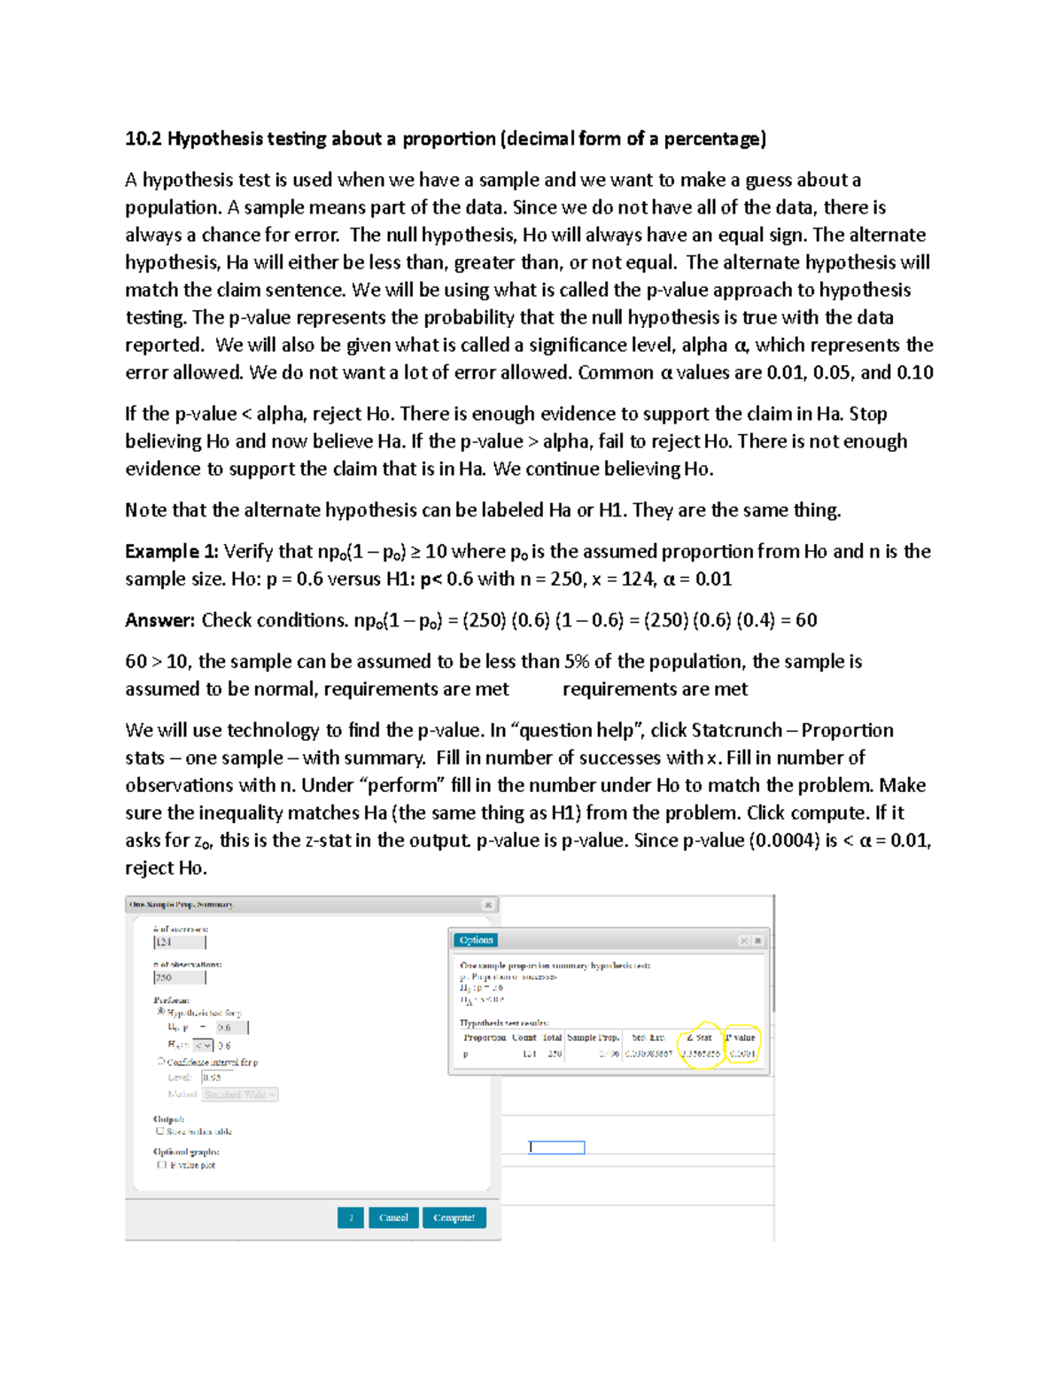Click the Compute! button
click(x=454, y=1217)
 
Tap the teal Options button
click(x=476, y=940)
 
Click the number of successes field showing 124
click(x=179, y=942)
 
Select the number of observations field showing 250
click(x=179, y=977)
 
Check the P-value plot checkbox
click(x=161, y=1165)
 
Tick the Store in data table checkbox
click(x=160, y=1131)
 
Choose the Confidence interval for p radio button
click(x=161, y=1061)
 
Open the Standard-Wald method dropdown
click(x=240, y=1094)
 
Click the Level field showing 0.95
click(x=216, y=1077)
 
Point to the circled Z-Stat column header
click(x=700, y=1038)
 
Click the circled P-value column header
click(x=741, y=1038)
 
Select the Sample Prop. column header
click(x=593, y=1038)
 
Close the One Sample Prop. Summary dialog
click(x=487, y=905)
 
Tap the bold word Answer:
click(x=159, y=620)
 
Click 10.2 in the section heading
click(x=143, y=138)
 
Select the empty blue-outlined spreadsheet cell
click(x=557, y=1147)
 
